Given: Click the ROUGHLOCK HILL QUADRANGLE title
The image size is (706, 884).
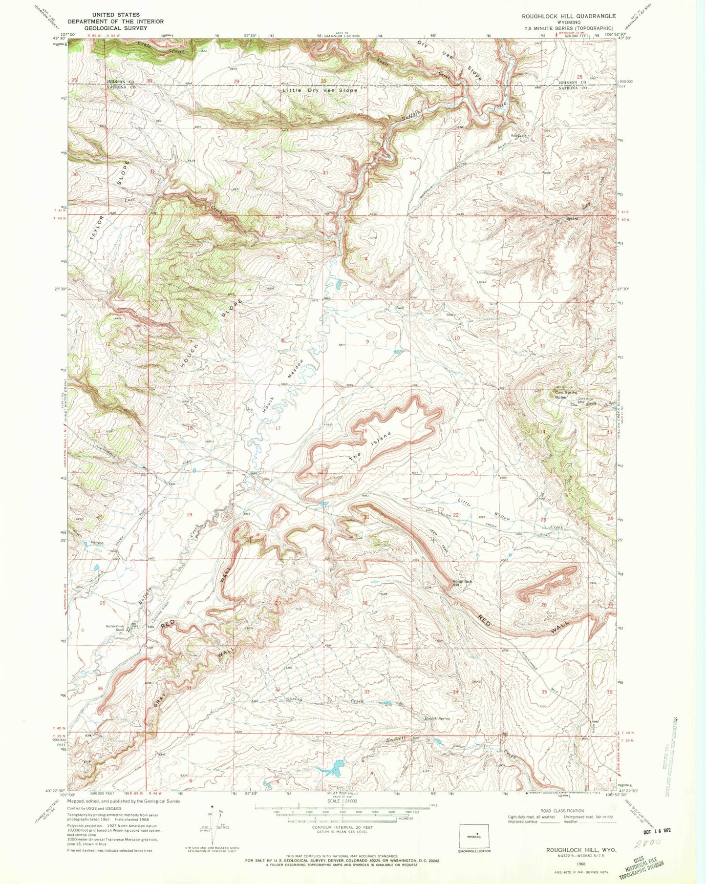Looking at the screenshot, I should [569, 16].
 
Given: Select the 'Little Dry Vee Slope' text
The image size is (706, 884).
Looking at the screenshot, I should [320, 90].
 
